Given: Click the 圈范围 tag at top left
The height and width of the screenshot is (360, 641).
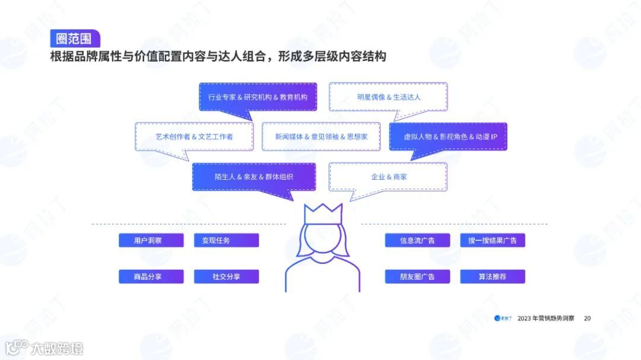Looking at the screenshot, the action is [x=75, y=38].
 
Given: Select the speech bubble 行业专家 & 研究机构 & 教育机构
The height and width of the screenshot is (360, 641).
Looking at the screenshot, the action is [x=258, y=97].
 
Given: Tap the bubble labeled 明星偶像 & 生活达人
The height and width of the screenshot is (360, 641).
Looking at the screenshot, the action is [x=388, y=97].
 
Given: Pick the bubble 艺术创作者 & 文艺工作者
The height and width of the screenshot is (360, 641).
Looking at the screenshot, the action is [x=194, y=136].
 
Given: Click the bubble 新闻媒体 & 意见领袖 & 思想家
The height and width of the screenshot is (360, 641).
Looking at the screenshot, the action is [x=321, y=136].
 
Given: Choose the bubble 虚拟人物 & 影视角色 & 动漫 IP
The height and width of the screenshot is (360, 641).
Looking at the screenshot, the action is [x=448, y=136].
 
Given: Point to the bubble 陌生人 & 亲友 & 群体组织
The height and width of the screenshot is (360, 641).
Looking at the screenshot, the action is [x=253, y=177].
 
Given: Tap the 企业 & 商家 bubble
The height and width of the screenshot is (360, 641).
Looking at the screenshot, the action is [x=388, y=177].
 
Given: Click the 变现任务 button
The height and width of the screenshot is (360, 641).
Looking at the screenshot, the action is [x=226, y=240].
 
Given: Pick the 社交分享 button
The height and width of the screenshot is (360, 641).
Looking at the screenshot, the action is [x=226, y=276].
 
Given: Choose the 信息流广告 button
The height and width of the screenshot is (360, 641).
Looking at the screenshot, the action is [x=417, y=240].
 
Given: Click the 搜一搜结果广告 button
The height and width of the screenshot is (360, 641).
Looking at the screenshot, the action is [x=492, y=240].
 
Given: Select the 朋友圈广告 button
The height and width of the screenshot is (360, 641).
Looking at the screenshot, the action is [x=417, y=276].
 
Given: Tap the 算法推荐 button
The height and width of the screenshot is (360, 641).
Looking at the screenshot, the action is [x=492, y=276].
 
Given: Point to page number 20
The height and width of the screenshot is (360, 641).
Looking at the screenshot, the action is [x=588, y=318].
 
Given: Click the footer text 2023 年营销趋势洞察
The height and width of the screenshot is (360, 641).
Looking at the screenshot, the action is [x=545, y=318].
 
